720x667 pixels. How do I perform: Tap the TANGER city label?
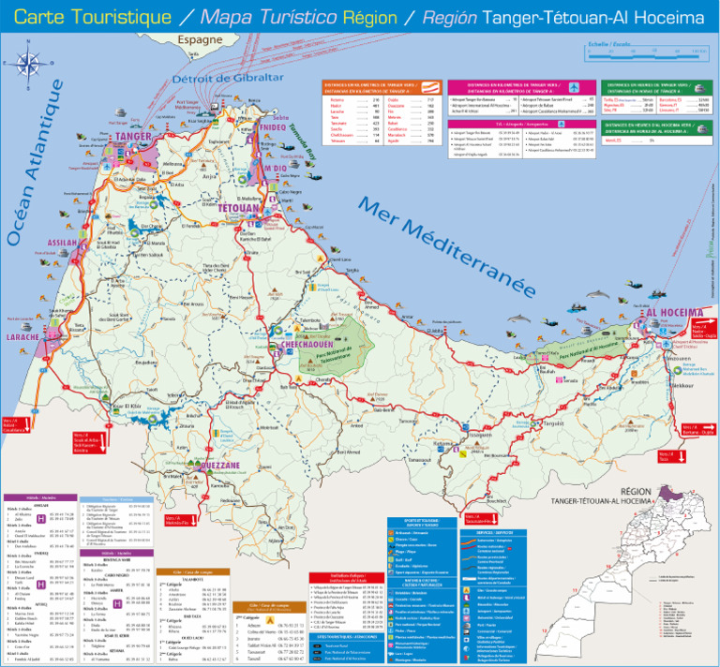pos(133,137)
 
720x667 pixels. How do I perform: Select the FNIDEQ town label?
pos(273,126)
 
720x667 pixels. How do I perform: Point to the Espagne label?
pos(200,40)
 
